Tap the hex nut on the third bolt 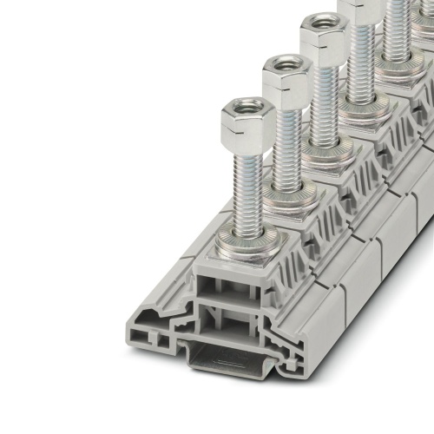[323, 36]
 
